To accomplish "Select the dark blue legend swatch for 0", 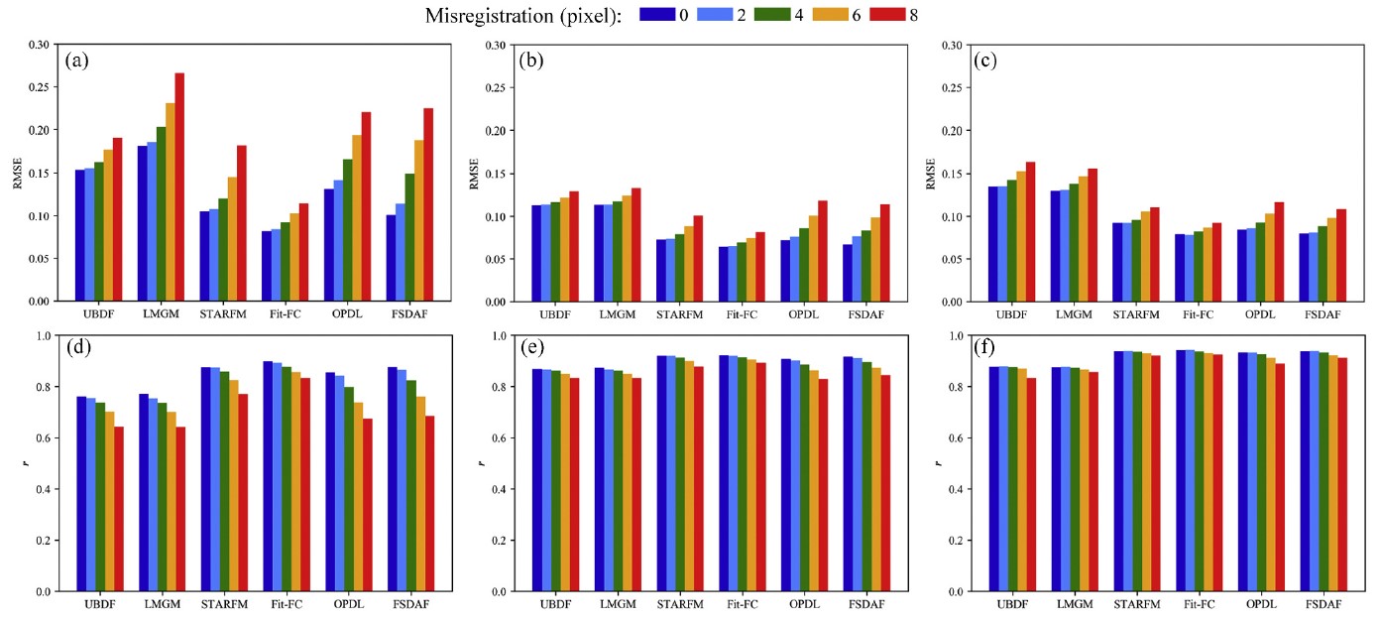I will click(x=656, y=14).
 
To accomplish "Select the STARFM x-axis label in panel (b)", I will click(x=679, y=313).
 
